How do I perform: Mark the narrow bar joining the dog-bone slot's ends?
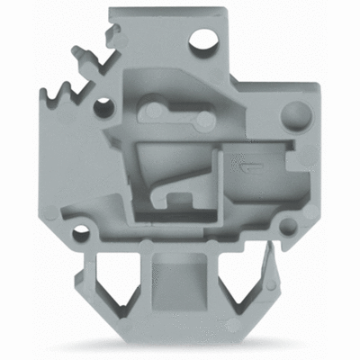177,116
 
